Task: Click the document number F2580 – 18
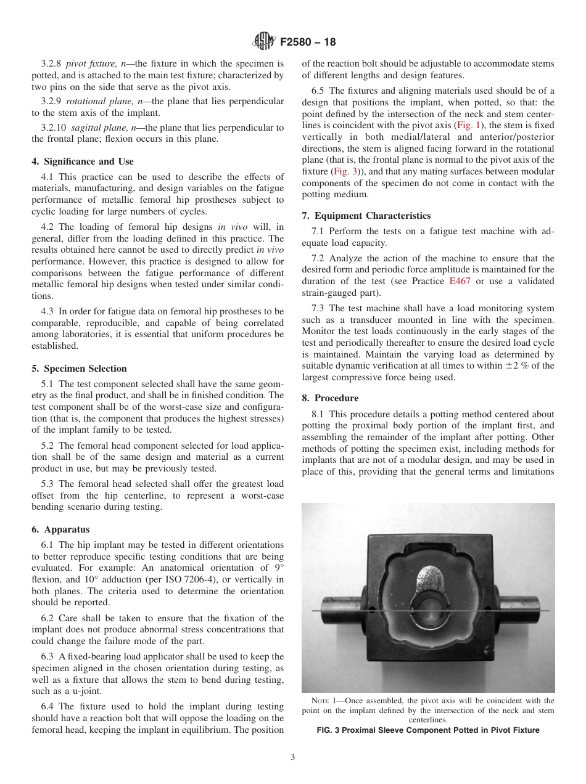(308, 43)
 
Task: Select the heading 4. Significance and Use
(82, 161)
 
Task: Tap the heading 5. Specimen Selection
(79, 369)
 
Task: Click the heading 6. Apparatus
(60, 529)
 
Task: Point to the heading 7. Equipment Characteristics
(366, 216)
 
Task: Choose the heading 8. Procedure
(330, 398)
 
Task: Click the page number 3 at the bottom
(293, 757)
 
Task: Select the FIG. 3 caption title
(428, 730)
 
